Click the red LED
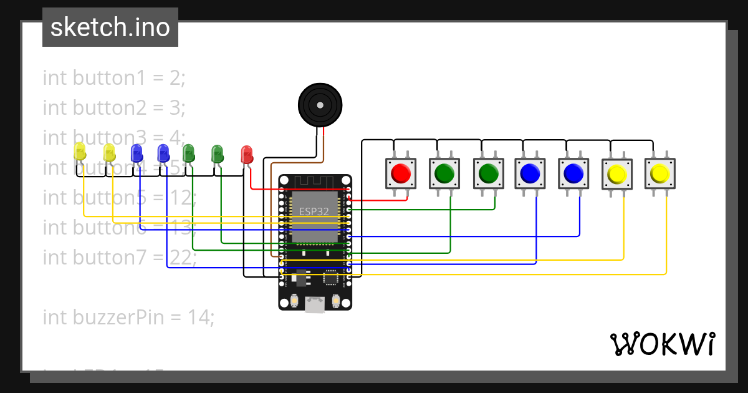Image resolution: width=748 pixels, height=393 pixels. (247, 154)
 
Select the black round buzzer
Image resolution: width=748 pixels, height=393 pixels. (320, 104)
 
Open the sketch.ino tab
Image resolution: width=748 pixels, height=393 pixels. (110, 27)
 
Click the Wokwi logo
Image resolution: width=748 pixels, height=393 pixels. (662, 344)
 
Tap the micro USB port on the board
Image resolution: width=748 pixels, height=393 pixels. (315, 304)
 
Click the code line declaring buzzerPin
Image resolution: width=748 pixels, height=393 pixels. (128, 318)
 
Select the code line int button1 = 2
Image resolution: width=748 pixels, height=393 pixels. (114, 78)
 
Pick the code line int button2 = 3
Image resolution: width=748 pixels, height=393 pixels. (114, 108)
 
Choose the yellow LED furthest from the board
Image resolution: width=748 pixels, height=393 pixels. (80, 151)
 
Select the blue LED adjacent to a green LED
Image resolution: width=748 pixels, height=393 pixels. (163, 152)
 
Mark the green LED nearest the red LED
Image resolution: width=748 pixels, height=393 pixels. (217, 153)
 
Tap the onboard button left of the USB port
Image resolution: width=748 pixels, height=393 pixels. (294, 302)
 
